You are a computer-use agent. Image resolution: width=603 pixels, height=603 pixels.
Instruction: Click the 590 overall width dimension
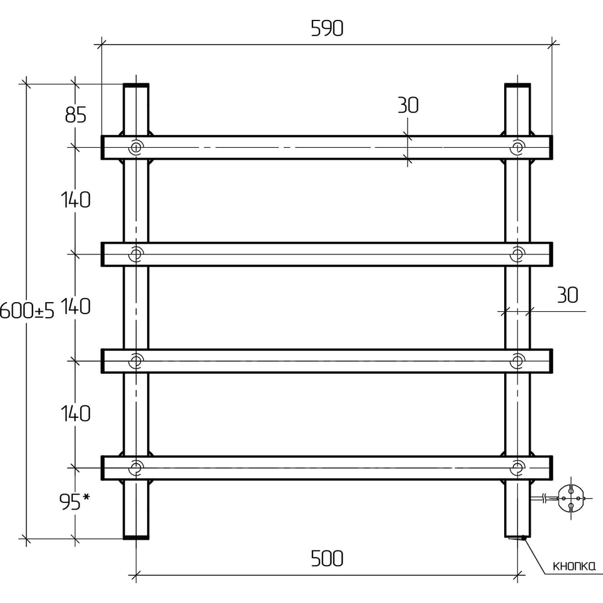[x=327, y=28]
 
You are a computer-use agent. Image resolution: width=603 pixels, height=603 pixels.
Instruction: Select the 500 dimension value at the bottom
[x=327, y=558]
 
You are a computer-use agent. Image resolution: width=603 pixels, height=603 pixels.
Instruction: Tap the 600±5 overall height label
[x=27, y=310]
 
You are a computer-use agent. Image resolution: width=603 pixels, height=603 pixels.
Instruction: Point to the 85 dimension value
[x=76, y=115]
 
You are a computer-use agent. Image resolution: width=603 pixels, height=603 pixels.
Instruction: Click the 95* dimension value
[x=75, y=502]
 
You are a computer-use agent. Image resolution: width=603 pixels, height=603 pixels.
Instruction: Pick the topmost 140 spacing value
[x=76, y=200]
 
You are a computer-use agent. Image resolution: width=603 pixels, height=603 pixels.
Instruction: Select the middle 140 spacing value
[x=76, y=306]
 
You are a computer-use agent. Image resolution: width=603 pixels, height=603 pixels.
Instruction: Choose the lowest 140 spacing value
[x=76, y=414]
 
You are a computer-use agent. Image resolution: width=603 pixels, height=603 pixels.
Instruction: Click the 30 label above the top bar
[x=408, y=105]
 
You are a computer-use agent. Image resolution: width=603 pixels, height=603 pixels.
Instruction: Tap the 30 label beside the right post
[x=567, y=295]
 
